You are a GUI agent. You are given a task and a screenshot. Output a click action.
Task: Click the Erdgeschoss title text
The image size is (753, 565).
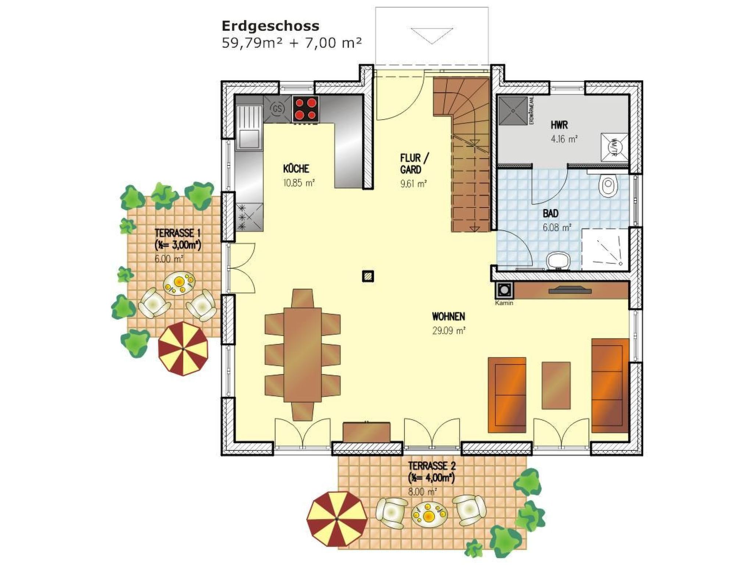pyautogui.click(x=270, y=26)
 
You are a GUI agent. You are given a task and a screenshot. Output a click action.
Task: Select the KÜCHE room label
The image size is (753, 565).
pyautogui.click(x=296, y=169)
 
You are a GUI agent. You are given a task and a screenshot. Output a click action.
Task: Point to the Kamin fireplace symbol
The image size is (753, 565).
pyautogui.click(x=504, y=291)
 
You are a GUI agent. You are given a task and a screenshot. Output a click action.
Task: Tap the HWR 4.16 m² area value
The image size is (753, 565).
pyautogui.click(x=564, y=139)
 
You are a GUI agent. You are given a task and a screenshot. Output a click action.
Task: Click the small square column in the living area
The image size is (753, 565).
pyautogui.click(x=368, y=276)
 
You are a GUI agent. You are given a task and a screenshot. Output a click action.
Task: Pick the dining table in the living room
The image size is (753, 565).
pyautogui.click(x=303, y=355)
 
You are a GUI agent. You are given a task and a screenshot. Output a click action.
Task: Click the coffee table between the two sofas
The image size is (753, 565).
pyautogui.click(x=556, y=385)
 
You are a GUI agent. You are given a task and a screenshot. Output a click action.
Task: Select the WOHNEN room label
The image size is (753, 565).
pyautogui.click(x=448, y=316)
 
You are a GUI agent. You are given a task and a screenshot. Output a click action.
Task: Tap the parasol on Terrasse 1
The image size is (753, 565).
pyautogui.click(x=183, y=348)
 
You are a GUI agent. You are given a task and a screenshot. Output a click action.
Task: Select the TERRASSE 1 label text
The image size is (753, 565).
pyautogui.click(x=178, y=233)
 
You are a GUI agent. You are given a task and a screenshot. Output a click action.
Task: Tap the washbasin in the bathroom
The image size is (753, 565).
pyautogui.click(x=557, y=261)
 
